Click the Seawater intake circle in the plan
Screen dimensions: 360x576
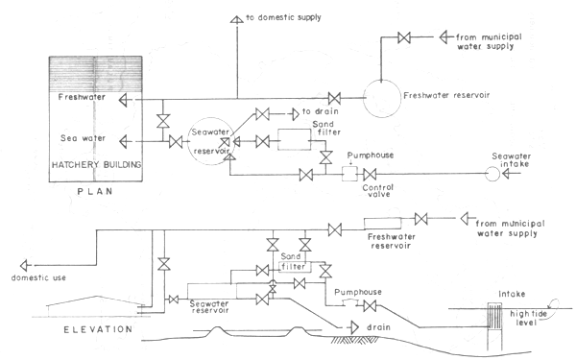pyautogui.click(x=492, y=174)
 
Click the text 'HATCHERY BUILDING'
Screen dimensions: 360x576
pyautogui.click(x=96, y=164)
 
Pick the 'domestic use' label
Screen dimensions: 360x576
pyautogui.click(x=36, y=278)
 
